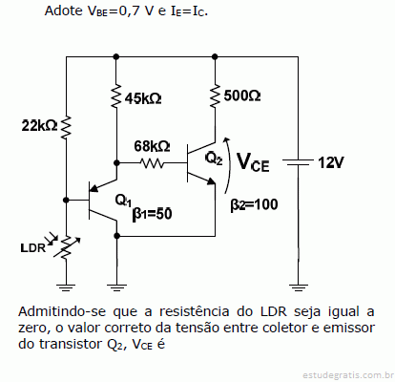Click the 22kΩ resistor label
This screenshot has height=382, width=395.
point(39,125)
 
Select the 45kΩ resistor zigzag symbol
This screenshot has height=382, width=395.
point(116,95)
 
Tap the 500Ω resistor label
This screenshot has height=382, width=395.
point(242,95)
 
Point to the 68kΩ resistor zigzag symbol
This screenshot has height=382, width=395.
point(152,163)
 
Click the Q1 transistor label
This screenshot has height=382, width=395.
point(123,201)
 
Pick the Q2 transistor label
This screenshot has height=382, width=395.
point(214,159)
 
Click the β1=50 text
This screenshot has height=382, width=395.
point(152,214)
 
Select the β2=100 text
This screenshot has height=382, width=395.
point(254,204)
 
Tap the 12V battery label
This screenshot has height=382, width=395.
point(331,162)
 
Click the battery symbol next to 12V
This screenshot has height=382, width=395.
point(298,162)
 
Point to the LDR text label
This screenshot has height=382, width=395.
point(33,248)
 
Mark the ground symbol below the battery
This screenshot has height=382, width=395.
point(298,287)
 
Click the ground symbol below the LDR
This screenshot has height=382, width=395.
point(66,287)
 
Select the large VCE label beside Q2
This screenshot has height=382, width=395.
point(253,162)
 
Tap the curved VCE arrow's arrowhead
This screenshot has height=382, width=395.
point(226,139)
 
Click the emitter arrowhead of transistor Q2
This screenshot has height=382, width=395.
point(212,180)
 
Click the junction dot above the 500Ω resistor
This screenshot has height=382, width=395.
point(215,56)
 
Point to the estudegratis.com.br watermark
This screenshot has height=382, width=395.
point(346,375)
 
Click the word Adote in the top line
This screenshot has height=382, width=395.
point(64,11)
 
